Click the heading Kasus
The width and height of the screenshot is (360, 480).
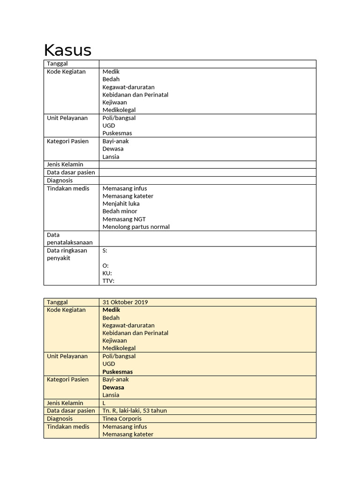[x=67, y=50]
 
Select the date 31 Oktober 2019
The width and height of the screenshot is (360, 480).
[x=125, y=302]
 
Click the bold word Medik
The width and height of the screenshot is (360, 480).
[x=112, y=310]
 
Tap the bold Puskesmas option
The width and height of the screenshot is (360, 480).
[x=118, y=372]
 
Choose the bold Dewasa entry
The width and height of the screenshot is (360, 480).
[x=113, y=388]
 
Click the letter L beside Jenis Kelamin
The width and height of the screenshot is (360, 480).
[x=105, y=403]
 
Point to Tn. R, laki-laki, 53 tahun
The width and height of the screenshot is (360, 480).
[x=135, y=411]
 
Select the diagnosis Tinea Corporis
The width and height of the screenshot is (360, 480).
[x=122, y=419]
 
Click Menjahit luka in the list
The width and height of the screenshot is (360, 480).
[x=121, y=204]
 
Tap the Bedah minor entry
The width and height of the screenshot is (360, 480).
[x=120, y=211]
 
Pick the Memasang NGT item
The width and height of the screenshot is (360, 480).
[x=121, y=219]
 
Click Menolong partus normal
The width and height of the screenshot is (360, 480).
[x=136, y=227]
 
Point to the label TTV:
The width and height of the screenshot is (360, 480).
[x=108, y=281]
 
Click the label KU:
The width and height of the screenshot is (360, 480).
[x=107, y=273]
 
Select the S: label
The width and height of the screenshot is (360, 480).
[x=105, y=251]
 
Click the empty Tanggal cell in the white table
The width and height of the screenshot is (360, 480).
[x=207, y=64]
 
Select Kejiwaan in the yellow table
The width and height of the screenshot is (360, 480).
[x=115, y=341]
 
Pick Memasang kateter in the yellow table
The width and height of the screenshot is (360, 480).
[x=128, y=434]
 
